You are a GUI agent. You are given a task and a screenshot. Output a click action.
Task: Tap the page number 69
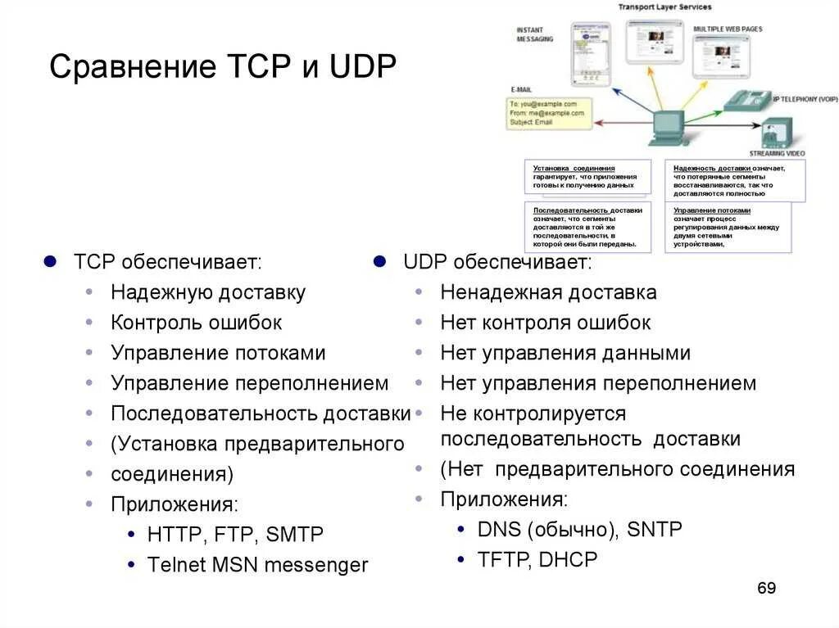pyautogui.click(x=766, y=588)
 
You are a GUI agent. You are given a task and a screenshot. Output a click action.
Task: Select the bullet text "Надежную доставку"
pyautogui.click(x=208, y=292)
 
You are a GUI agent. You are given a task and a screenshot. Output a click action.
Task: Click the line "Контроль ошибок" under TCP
pyautogui.click(x=196, y=323)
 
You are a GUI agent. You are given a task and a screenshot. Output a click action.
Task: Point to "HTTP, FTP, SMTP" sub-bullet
pyautogui.click(x=235, y=535)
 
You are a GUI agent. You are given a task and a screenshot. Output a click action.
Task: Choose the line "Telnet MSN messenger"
pyautogui.click(x=257, y=565)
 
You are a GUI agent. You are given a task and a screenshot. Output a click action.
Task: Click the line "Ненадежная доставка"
pyautogui.click(x=548, y=292)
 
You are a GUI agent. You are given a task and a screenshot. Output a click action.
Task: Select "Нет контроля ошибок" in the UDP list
pyautogui.click(x=545, y=323)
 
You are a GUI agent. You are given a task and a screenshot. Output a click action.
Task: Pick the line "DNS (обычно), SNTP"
pyautogui.click(x=579, y=529)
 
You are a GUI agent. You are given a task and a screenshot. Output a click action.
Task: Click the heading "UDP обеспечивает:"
pyautogui.click(x=497, y=262)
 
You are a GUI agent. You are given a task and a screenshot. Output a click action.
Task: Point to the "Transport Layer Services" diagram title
pyautogui.click(x=664, y=7)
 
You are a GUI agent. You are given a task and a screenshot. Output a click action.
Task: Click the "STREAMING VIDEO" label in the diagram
pyautogui.click(x=777, y=153)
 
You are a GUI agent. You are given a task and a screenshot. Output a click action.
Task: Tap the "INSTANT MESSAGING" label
pyautogui.click(x=534, y=34)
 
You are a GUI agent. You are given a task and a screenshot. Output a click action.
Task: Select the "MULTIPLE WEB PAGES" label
pyautogui.click(x=728, y=29)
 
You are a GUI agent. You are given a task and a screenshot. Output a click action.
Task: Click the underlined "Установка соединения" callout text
pyautogui.click(x=574, y=168)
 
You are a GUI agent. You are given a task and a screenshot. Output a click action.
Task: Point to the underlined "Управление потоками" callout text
pyautogui.click(x=711, y=210)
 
